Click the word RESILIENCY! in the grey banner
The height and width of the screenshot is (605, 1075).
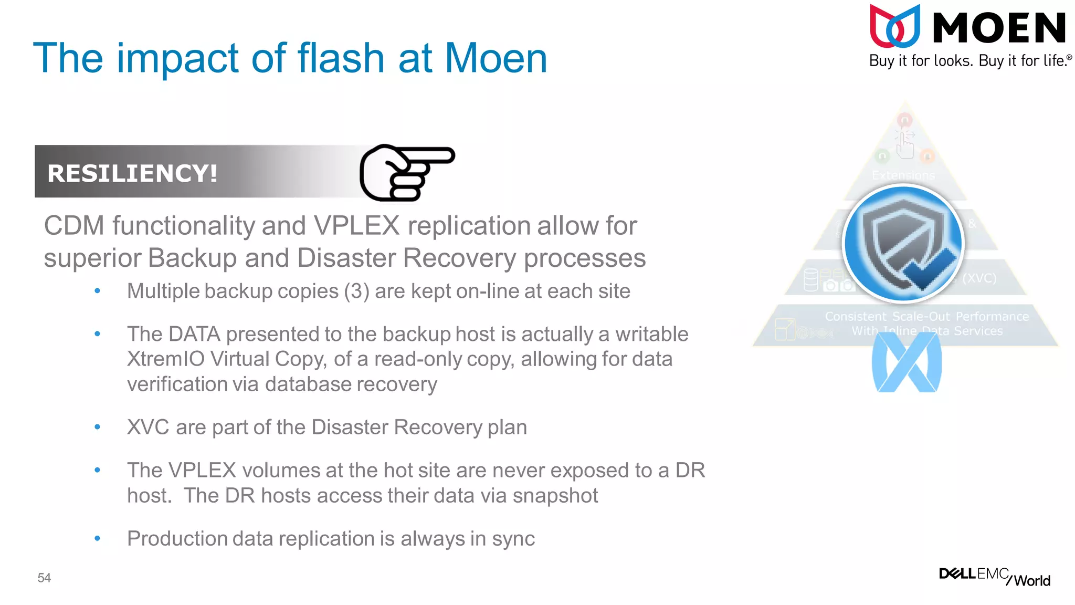(132, 173)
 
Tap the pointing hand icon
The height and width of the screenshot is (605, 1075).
(407, 172)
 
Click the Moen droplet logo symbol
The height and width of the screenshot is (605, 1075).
(895, 26)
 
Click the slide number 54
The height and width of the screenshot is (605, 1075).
(44, 578)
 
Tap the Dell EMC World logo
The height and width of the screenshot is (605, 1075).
(994, 576)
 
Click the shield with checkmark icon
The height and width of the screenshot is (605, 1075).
(903, 244)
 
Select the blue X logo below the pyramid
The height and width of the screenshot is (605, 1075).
(907, 362)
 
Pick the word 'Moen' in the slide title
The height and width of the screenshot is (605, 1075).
(496, 58)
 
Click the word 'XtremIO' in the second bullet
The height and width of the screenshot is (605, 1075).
(165, 359)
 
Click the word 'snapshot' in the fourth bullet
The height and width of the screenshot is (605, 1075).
(555, 496)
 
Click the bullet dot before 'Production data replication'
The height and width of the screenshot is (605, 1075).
(97, 538)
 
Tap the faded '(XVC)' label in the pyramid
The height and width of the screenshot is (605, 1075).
(979, 278)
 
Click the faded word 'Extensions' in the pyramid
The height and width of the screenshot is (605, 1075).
(903, 175)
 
